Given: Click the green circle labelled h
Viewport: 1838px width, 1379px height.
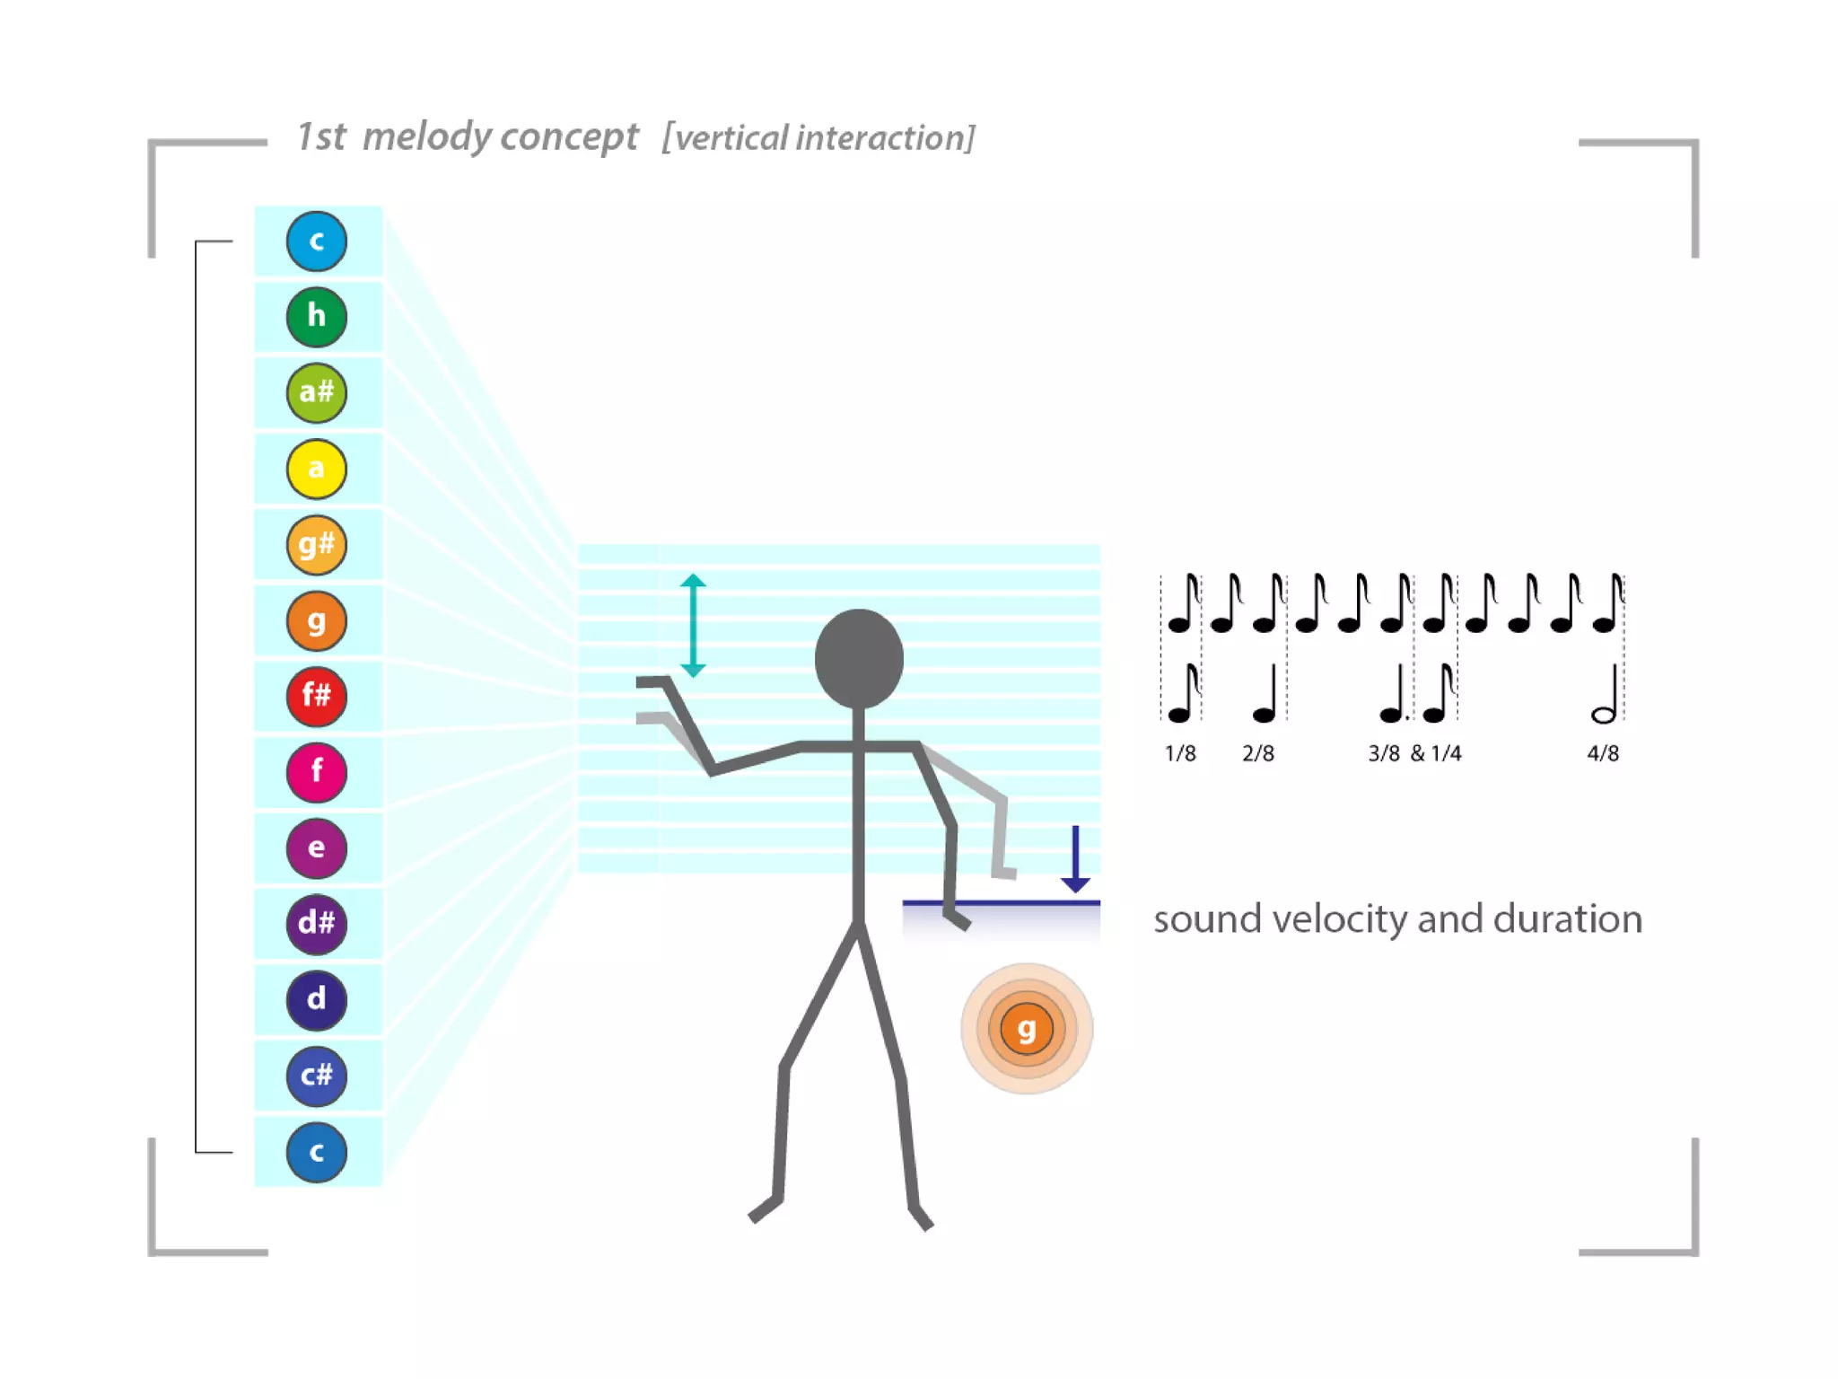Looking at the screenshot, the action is tap(316, 317).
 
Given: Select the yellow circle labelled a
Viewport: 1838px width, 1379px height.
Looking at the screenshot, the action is tap(316, 469).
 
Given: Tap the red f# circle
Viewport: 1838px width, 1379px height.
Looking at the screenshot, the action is tap(316, 696).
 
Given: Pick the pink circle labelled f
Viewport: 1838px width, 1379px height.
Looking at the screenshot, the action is tap(316, 772).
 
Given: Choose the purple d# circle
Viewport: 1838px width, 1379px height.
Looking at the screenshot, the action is tap(316, 924).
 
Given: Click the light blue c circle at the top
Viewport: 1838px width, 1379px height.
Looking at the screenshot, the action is tap(316, 241).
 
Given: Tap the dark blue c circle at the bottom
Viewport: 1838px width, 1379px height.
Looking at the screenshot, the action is tap(316, 1152).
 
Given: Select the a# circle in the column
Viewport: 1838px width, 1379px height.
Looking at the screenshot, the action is tap(316, 392).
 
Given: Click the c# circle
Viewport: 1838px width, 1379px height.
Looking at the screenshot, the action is tap(316, 1076).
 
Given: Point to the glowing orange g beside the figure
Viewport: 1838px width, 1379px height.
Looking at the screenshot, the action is tap(1026, 1029).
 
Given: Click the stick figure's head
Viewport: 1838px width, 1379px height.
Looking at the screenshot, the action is tap(859, 659).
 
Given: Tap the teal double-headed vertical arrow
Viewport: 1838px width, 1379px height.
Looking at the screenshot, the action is tap(693, 625).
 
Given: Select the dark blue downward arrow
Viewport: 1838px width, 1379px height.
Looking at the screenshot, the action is tap(1075, 859).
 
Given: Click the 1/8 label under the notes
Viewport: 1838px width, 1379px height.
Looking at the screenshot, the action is tap(1179, 754).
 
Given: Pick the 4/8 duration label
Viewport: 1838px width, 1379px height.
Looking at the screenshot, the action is tap(1603, 754).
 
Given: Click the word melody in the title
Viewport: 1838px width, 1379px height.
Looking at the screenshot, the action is tap(426, 136).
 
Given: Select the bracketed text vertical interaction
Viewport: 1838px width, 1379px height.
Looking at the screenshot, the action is tap(818, 138).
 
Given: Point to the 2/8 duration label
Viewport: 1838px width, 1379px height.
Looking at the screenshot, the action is tap(1257, 754).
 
